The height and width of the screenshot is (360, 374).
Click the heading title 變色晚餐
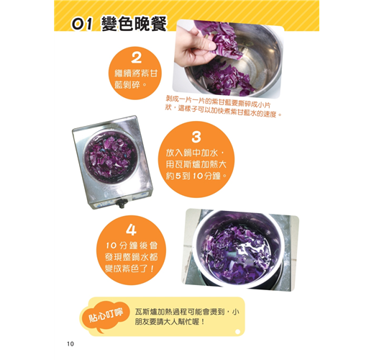134,24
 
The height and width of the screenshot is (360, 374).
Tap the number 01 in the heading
82,24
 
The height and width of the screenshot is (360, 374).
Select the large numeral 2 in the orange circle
136,58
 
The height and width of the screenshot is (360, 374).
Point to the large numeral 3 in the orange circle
196,138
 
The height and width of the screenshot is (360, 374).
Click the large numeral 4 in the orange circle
131,230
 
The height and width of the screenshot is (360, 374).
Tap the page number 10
70,344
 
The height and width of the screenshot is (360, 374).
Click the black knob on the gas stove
120,204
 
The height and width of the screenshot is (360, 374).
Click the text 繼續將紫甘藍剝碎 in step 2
136,78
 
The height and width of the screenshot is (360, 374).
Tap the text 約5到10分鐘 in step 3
196,176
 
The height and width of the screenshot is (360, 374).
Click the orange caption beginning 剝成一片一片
223,106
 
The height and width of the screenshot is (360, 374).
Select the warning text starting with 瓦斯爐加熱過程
186,317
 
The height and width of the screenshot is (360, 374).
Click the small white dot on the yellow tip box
237,332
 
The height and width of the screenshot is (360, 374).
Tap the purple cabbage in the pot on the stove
111,156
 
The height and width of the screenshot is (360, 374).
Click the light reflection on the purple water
243,250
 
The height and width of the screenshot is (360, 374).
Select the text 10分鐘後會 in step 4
132,246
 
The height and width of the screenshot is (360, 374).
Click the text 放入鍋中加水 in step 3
195,153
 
